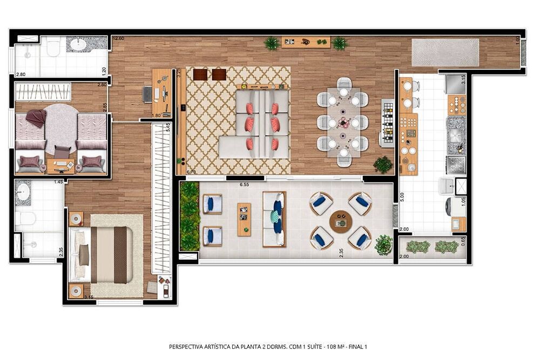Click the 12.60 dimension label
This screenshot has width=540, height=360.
(x=118, y=39)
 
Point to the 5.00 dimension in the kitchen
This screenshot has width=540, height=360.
(x=402, y=196)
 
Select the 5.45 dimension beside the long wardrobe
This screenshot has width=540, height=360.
(x=168, y=127)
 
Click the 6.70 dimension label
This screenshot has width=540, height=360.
(x=191, y=172)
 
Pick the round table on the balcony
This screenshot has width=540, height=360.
(x=340, y=221)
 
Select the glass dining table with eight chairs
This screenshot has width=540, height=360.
(x=343, y=122)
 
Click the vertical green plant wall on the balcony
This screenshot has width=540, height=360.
(x=190, y=216)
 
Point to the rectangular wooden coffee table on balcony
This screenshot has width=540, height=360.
(x=244, y=219)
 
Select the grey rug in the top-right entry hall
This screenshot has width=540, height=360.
(x=445, y=52)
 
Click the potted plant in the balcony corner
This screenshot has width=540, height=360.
(x=383, y=244)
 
